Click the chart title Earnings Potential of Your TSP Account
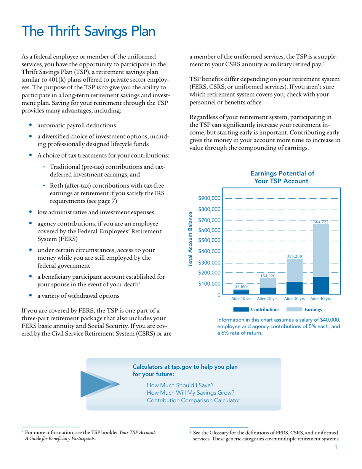pyautogui.click(x=281, y=177)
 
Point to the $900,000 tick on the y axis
pyautogui.click(x=209, y=198)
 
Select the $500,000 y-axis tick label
pyautogui.click(x=209, y=241)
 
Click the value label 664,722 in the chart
pyautogui.click(x=320, y=222)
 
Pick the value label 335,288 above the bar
pyautogui.click(x=294, y=257)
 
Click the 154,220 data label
pyautogui.click(x=267, y=275)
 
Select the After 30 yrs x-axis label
pyautogui.click(x=294, y=299)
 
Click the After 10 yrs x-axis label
pyautogui.click(x=241, y=299)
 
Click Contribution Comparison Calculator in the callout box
pyautogui.click(x=193, y=400)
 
